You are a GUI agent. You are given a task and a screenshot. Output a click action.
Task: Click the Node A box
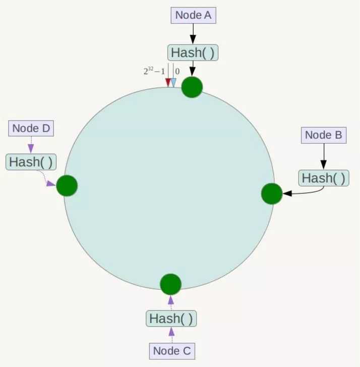pos(193,16)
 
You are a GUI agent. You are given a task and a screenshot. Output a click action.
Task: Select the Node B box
pos(324,135)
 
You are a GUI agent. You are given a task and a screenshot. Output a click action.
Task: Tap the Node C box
pos(172,351)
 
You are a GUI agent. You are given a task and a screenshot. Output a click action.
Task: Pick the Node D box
pos(31,128)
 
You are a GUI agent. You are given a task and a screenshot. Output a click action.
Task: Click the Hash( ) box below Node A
pos(193,53)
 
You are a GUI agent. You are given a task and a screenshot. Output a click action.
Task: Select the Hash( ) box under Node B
pos(324,178)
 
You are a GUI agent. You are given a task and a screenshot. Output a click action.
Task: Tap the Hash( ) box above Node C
pos(171,319)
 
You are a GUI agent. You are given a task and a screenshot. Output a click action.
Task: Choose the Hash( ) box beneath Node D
pos(31,162)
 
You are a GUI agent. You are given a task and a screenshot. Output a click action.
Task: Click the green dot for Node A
pos(192,87)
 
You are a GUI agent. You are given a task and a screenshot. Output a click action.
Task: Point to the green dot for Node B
pos(272,194)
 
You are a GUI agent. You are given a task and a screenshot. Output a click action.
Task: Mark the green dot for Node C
pos(170,284)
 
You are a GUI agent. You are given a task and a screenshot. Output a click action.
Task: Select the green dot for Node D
pos(67,185)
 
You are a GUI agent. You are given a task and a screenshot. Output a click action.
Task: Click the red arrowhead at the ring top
pos(168,83)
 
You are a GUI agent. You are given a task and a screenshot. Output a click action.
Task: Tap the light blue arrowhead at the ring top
pos(173,83)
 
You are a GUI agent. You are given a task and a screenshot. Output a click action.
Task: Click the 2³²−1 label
pos(154,71)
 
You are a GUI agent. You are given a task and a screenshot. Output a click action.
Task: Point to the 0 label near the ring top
pos(177,71)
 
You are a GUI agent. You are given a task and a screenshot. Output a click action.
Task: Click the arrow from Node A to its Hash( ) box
pos(193,34)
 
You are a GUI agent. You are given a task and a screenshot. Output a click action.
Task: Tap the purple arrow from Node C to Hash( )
pos(171,335)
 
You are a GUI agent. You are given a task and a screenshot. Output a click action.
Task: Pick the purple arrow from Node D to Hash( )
pos(31,145)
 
